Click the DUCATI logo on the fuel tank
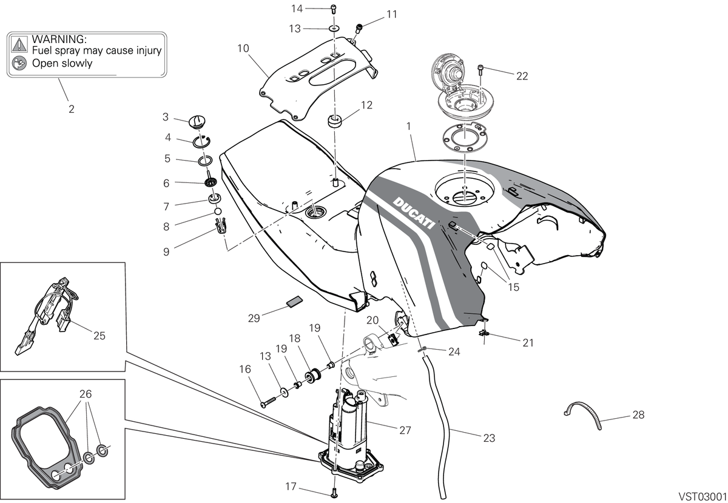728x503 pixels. click(414, 212)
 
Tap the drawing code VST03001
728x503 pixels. click(703, 496)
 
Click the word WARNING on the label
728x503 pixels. click(59, 39)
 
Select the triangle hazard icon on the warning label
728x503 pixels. click(19, 44)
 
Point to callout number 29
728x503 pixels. click(254, 318)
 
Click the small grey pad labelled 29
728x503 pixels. click(294, 301)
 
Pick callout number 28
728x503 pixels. click(638, 415)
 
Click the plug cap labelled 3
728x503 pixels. click(197, 122)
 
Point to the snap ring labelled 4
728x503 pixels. click(201, 141)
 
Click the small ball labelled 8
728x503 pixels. click(218, 212)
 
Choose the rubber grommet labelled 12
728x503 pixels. click(334, 121)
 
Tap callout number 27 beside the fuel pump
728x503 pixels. click(405, 430)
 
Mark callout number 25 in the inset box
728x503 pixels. click(99, 336)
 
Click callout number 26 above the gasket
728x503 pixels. click(86, 394)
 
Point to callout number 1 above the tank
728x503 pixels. click(409, 126)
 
